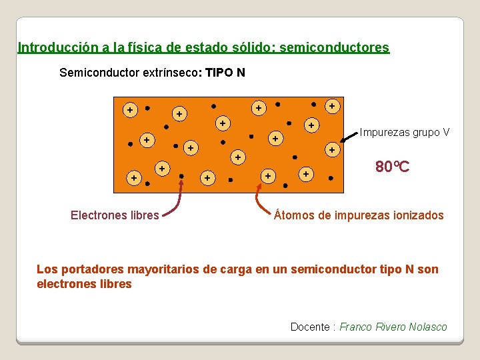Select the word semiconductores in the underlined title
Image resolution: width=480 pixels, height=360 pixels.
pos(335,48)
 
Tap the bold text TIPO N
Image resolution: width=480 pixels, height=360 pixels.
pos(225,72)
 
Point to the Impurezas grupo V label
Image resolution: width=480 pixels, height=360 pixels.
pos(405,132)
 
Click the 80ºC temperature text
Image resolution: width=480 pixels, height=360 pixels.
pos(392,167)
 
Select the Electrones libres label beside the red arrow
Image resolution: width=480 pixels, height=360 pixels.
pos(115,215)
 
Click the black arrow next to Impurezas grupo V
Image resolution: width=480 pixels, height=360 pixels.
pos(348,137)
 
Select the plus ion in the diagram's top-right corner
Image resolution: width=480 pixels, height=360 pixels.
pos(331,105)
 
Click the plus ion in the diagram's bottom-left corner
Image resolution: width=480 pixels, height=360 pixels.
pos(134,178)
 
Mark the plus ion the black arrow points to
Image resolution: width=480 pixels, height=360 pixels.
pos(331,151)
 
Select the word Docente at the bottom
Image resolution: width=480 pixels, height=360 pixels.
pos(310,327)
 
